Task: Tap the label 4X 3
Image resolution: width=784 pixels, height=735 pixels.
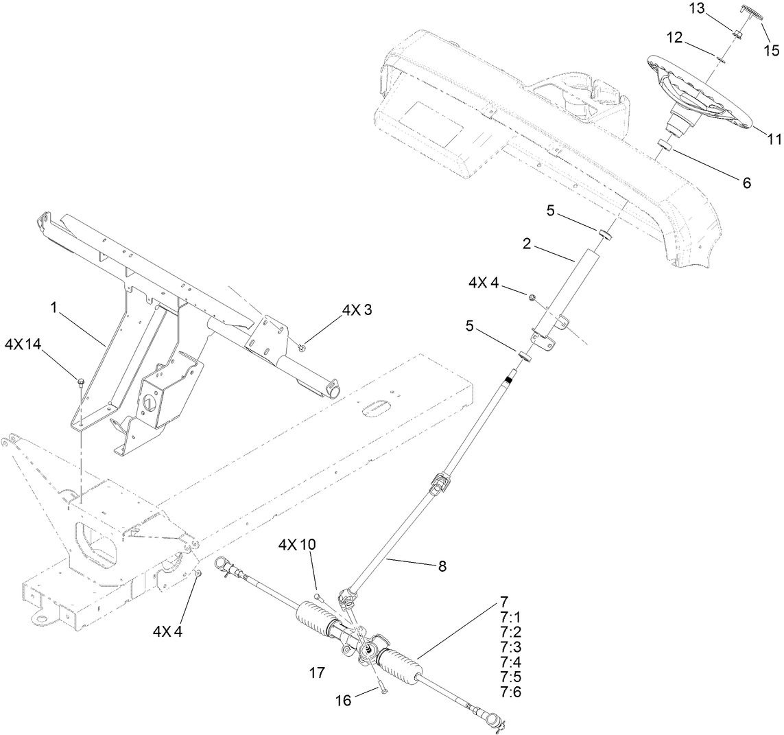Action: click(357, 310)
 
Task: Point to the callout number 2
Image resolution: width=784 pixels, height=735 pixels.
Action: click(527, 244)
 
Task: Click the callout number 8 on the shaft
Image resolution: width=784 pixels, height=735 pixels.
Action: click(442, 566)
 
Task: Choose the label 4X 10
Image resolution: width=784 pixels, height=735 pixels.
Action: click(297, 544)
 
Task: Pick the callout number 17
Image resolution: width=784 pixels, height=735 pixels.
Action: click(316, 673)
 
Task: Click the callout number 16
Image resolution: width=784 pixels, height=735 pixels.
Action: click(343, 699)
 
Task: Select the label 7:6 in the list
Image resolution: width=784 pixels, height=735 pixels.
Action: click(511, 692)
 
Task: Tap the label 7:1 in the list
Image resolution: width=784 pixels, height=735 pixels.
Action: click(511, 616)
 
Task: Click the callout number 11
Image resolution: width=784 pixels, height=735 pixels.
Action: click(774, 139)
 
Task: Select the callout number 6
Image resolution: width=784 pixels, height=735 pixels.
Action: click(746, 183)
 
